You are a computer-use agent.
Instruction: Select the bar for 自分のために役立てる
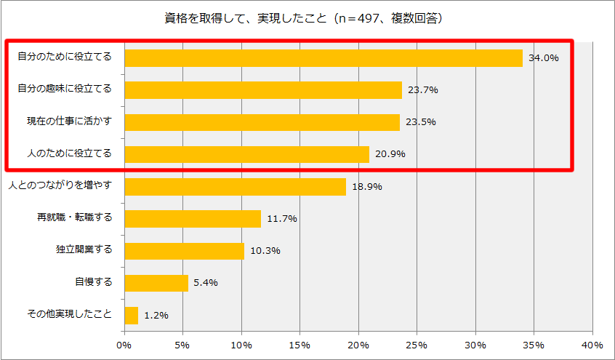(323, 57)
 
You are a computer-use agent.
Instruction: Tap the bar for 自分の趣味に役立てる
(263, 89)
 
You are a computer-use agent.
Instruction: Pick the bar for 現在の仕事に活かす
(262, 121)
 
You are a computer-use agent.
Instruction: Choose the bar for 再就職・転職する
(193, 218)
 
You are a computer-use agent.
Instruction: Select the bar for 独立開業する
(185, 251)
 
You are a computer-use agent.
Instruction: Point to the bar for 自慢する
(156, 283)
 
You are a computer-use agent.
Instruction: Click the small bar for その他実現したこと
(132, 315)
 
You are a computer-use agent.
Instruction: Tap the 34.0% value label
(544, 57)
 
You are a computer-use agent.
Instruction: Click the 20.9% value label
(390, 154)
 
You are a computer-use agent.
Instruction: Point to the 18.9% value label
(367, 186)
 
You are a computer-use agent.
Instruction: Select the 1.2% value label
(156, 316)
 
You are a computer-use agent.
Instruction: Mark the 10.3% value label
(265, 251)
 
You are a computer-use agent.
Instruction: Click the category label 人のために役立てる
(65, 153)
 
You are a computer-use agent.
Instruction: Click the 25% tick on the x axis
(417, 344)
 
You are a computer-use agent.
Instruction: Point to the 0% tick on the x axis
(124, 344)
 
